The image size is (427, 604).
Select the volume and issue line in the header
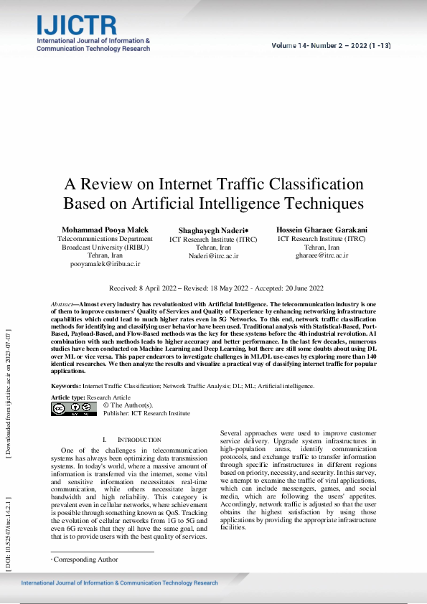[331, 45]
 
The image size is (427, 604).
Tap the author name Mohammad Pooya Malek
[105, 229]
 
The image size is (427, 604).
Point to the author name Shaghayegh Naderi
[213, 230]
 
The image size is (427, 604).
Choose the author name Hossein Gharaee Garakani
[321, 229]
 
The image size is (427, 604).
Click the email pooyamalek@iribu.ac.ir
[105, 264]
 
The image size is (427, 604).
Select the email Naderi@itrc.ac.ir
[213, 255]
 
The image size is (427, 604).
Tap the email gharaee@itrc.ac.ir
[321, 255]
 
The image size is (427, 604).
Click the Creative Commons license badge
[73, 409]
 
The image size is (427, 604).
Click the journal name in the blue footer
[119, 583]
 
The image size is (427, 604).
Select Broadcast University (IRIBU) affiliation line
[105, 246]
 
